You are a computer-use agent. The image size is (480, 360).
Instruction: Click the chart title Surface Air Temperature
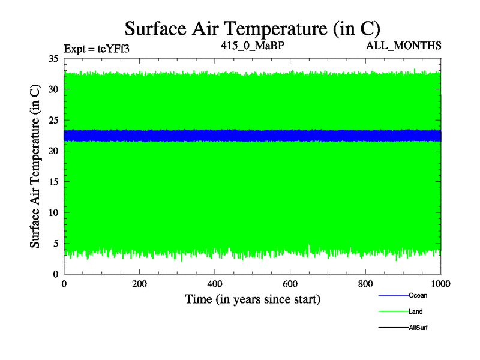[253, 28]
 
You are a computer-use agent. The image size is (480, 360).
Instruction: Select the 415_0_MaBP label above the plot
[251, 46]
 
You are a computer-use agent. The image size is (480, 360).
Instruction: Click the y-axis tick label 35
[53, 59]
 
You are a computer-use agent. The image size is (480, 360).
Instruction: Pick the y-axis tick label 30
[53, 89]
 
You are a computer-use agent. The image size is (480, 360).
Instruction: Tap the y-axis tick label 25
[53, 120]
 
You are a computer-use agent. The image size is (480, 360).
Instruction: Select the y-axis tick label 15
[53, 182]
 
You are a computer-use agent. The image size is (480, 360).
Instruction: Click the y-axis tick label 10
[53, 212]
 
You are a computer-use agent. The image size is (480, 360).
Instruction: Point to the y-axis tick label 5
[55, 244]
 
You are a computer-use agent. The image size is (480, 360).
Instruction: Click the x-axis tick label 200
[139, 284]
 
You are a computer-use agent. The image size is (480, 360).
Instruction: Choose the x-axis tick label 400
[215, 284]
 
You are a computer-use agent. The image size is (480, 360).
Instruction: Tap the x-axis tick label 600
[290, 284]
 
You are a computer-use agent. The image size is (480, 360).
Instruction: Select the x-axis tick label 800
[365, 284]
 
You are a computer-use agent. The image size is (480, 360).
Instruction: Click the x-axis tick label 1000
[441, 284]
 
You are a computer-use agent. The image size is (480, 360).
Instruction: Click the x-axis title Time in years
[252, 299]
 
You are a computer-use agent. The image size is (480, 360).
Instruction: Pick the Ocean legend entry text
[418, 295]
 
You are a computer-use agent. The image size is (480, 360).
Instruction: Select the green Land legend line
[393, 311]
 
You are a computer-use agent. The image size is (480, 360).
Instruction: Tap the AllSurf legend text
[419, 328]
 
